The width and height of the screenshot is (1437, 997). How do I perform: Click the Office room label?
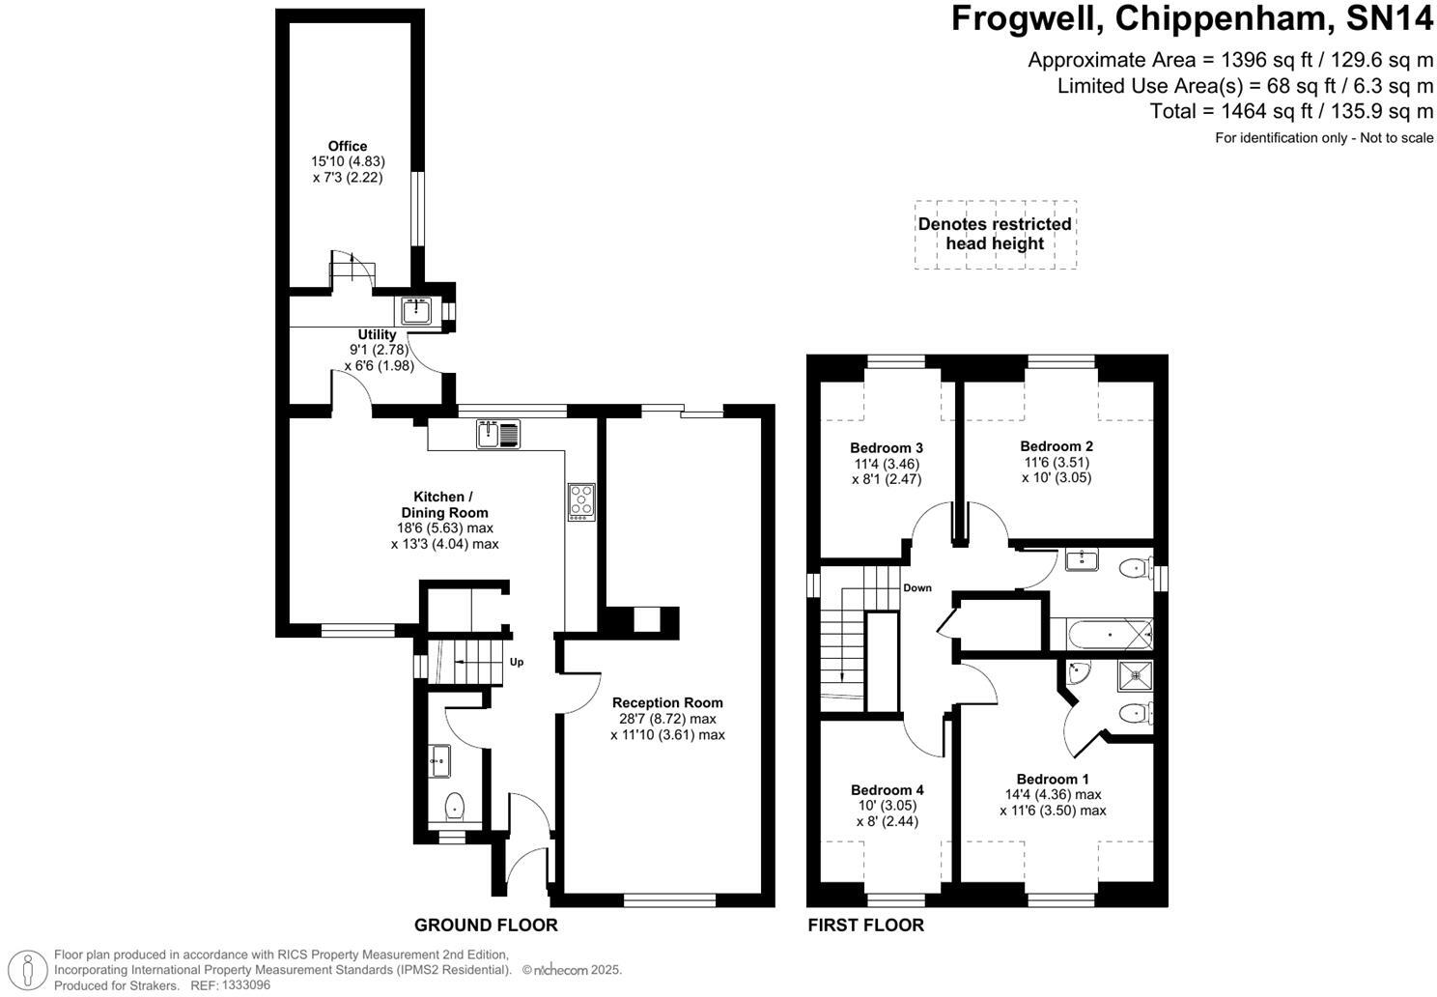coord(348,146)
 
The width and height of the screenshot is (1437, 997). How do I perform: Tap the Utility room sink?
coord(416,311)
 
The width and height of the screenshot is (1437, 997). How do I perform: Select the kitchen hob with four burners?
coord(581,501)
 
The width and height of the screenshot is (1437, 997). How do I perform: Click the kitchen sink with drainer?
coord(498,434)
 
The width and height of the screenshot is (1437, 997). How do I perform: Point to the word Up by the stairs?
coord(517,662)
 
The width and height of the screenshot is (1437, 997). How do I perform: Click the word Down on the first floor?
coord(917,587)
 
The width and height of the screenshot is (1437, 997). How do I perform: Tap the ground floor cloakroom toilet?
coord(454,806)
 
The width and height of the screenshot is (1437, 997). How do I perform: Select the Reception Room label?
coord(667,702)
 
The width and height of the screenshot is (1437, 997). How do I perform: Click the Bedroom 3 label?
coord(887,448)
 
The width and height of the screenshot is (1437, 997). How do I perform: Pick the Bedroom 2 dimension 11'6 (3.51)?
coord(1057,462)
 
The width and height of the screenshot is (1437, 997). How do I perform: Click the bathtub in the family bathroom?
coord(1110,635)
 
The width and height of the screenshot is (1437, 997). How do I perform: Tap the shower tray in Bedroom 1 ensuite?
coord(1136,675)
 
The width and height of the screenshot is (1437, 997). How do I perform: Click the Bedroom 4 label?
coord(888,789)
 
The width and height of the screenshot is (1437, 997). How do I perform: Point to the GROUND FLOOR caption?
coord(486,925)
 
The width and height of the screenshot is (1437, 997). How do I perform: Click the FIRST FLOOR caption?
coord(866,925)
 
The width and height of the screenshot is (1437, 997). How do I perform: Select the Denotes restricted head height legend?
coord(995,234)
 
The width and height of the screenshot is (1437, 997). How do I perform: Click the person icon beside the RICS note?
coord(28,969)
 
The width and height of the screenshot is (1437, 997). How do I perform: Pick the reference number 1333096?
coord(245,984)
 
